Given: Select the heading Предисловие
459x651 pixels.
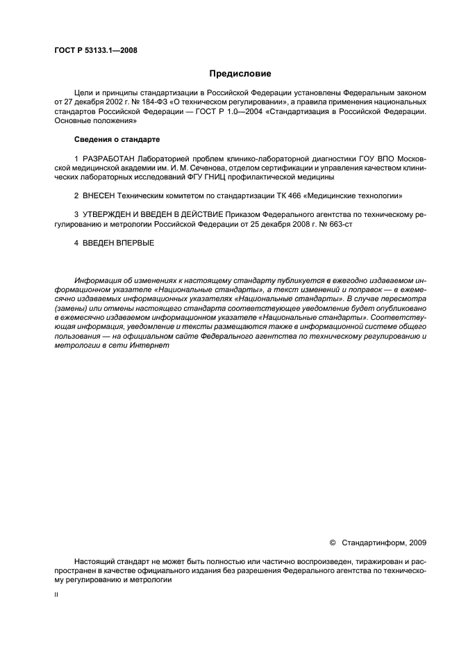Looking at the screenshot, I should click(240, 73).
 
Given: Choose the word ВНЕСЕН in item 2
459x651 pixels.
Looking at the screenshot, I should click(99, 196).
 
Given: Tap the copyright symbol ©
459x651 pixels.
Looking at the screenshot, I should click(332, 541).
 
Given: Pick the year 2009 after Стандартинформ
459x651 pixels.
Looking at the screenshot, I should click(417, 541).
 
